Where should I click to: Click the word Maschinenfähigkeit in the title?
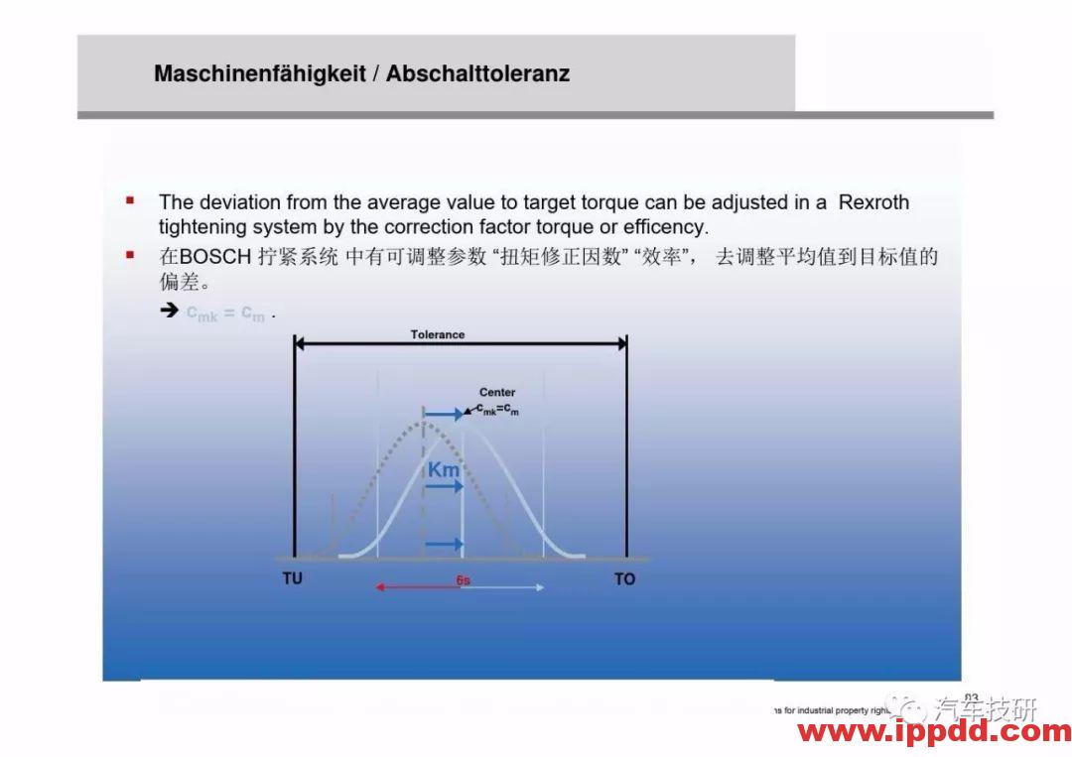pos(260,73)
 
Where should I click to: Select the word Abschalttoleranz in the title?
pos(477,73)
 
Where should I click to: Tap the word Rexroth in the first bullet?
pos(873,202)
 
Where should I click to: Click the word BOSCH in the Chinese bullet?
pos(209,257)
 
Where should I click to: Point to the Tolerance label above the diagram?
pos(438,334)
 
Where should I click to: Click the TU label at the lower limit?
pos(293,578)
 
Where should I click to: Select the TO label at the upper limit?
pos(624,578)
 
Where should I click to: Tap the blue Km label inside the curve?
pos(444,469)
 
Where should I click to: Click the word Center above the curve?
pos(497,393)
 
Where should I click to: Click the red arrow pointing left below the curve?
pos(417,587)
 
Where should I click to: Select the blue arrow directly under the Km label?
pos(445,486)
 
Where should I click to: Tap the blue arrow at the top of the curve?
pos(444,414)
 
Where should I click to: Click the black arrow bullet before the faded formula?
pos(169,312)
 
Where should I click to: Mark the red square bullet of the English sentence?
pos(130,201)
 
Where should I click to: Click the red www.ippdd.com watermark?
pos(934,733)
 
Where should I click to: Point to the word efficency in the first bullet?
pos(665,227)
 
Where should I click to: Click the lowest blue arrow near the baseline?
pos(444,544)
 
